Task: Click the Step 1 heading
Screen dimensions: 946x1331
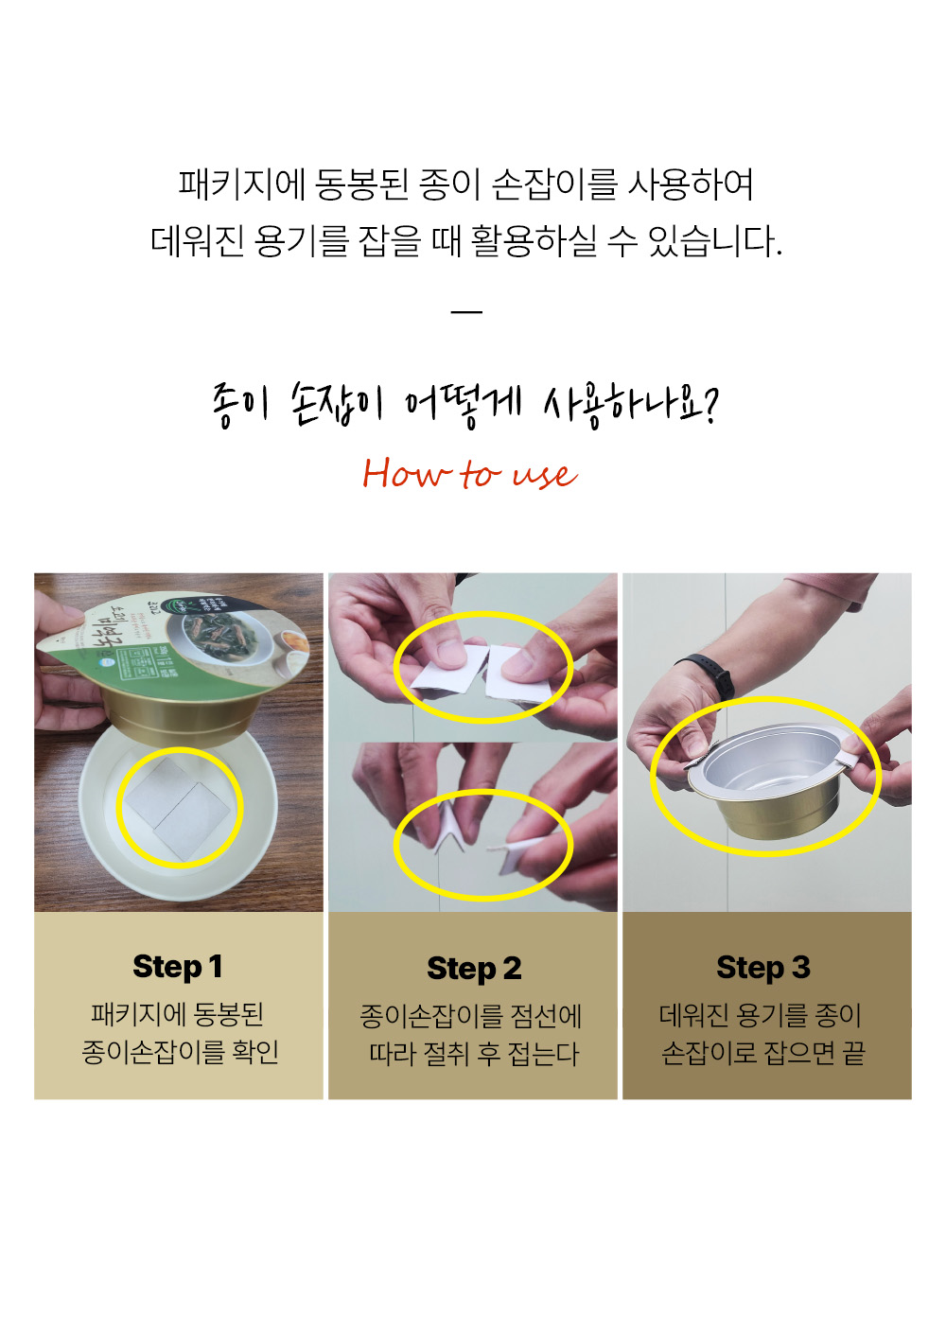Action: pos(178,967)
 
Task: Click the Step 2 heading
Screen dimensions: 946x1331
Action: pos(474,969)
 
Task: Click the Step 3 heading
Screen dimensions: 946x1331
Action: pos(763,968)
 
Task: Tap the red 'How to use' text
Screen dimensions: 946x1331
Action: pos(469,474)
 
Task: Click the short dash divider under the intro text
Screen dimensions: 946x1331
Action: pos(466,311)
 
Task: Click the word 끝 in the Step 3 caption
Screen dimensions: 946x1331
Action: pos(853,1053)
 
